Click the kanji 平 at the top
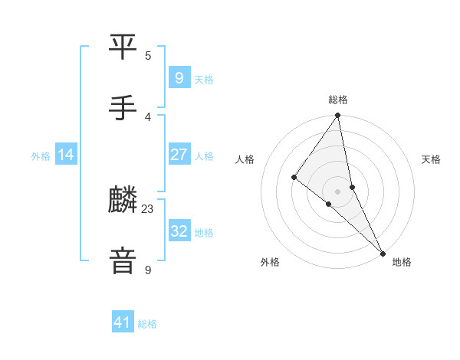click(x=123, y=47)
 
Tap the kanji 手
click(x=123, y=109)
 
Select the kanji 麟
click(x=123, y=201)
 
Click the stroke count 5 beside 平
click(x=148, y=55)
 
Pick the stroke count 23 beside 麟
click(x=148, y=208)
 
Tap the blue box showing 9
click(x=179, y=78)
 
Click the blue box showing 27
click(x=179, y=155)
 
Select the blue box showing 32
click(x=179, y=231)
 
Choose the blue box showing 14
click(x=66, y=155)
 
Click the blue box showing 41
click(x=123, y=323)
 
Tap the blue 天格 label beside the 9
click(x=204, y=80)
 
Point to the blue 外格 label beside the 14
click(x=41, y=156)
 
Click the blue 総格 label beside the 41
click(x=147, y=325)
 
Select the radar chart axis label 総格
click(x=338, y=100)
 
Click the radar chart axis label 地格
click(x=402, y=262)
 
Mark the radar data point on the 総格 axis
click(x=338, y=116)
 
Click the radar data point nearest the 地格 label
click(x=382, y=252)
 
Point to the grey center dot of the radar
click(x=338, y=191)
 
